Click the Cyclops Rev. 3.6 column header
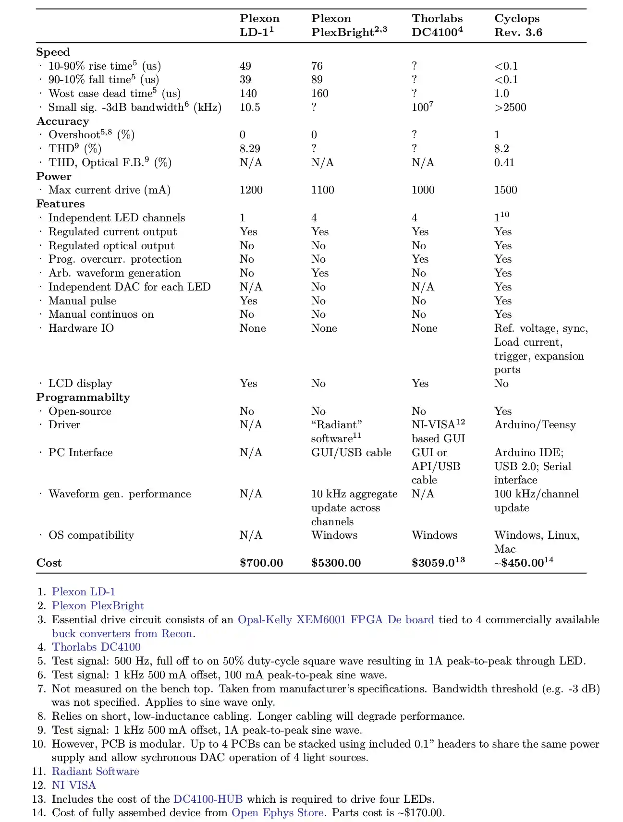pyautogui.click(x=518, y=25)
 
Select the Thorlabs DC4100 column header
pyautogui.click(x=437, y=25)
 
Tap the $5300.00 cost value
pyautogui.click(x=336, y=563)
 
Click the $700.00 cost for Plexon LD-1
pyautogui.click(x=261, y=563)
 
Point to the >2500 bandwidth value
pyautogui.click(x=510, y=107)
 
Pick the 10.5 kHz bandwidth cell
pyautogui.click(x=250, y=107)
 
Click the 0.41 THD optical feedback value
pyautogui.click(x=504, y=162)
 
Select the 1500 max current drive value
pyautogui.click(x=505, y=190)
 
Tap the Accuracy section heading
pyautogui.click(x=63, y=121)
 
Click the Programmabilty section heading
pyautogui.click(x=83, y=397)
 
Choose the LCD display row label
pyautogui.click(x=80, y=384)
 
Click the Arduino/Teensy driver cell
pyautogui.click(x=535, y=425)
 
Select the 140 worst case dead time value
pyautogui.click(x=248, y=94)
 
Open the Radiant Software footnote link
pyautogui.click(x=95, y=771)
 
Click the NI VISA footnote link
pyautogui.click(x=74, y=785)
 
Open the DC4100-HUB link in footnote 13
pyautogui.click(x=208, y=799)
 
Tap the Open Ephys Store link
pyautogui.click(x=277, y=812)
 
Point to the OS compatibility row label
pyautogui.click(x=91, y=535)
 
